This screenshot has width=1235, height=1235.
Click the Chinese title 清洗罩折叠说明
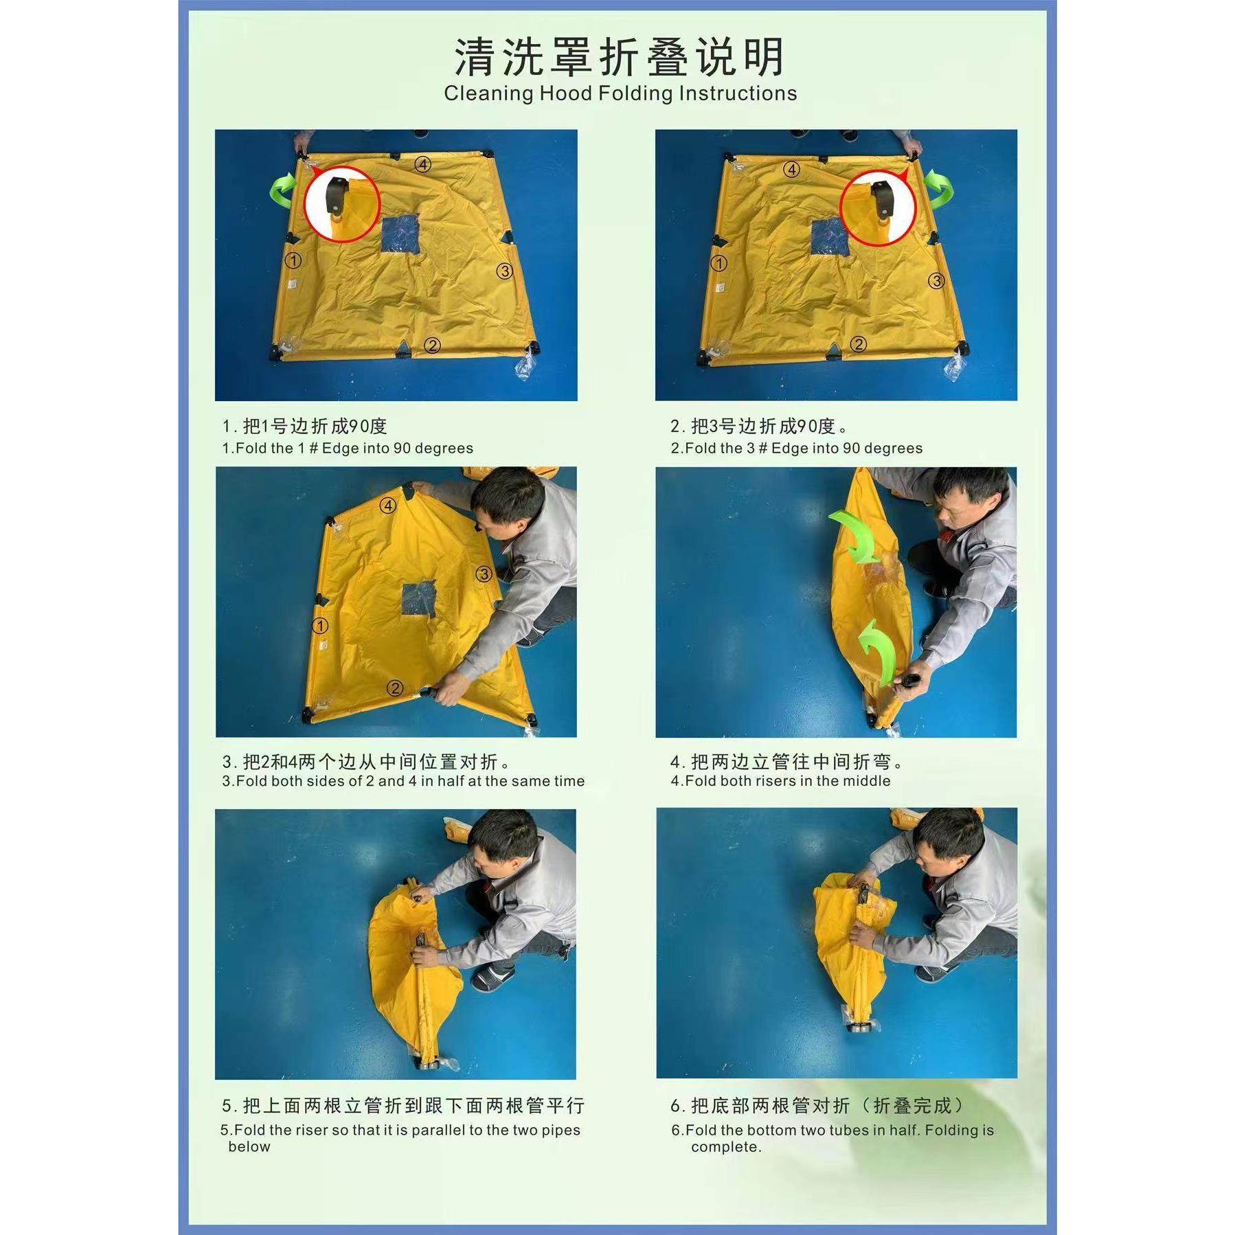[x=619, y=58]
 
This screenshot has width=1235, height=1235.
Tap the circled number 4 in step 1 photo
[x=422, y=164]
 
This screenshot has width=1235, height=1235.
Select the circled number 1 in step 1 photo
[x=293, y=261]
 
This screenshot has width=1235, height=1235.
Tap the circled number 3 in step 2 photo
[x=936, y=280]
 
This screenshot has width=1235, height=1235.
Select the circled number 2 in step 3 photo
[x=394, y=688]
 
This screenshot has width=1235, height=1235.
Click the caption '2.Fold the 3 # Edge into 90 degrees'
[x=796, y=449]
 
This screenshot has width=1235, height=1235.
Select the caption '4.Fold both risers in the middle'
[x=780, y=781]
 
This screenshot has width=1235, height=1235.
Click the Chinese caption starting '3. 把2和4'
[x=367, y=762]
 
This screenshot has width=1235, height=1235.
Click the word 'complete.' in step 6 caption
[x=726, y=1147]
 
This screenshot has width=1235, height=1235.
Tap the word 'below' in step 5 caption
[x=249, y=1146]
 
